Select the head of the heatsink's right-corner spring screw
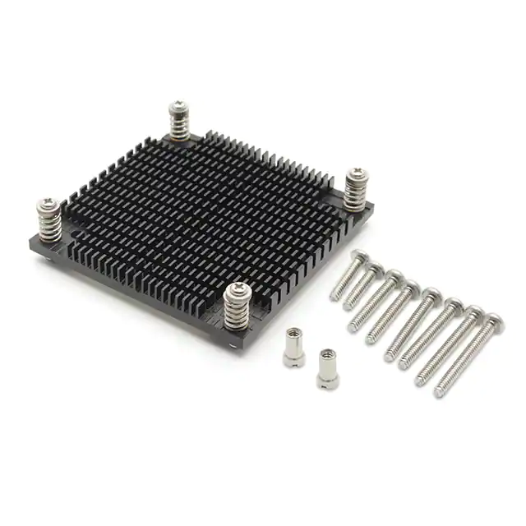click(357, 174)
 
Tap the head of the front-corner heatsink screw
click(236, 289)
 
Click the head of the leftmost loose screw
click(361, 256)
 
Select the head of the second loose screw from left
click(376, 266)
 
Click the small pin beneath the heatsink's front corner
click(237, 348)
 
